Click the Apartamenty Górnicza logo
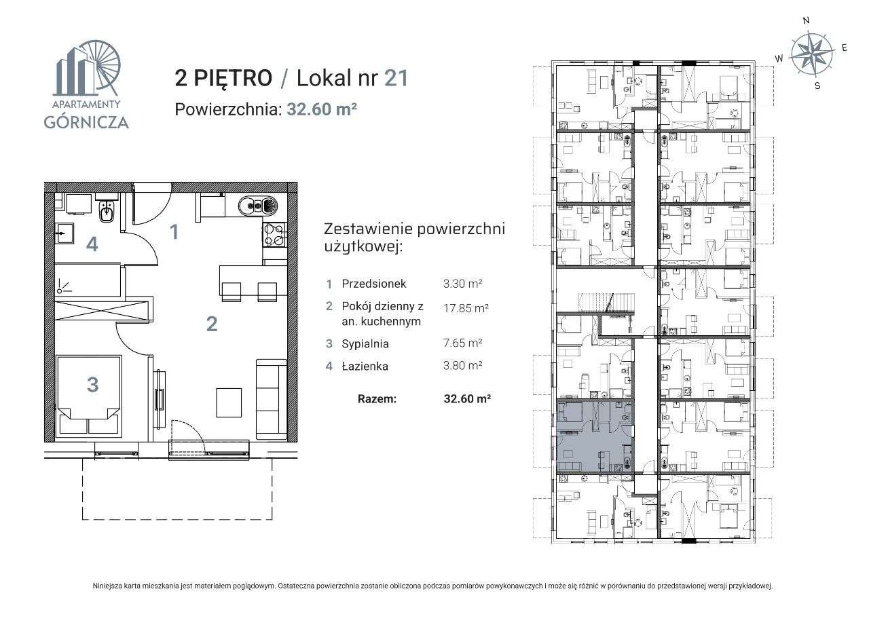[86, 85]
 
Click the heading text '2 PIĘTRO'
[223, 78]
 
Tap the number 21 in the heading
[396, 78]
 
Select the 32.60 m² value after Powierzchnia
[322, 109]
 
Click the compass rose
[813, 53]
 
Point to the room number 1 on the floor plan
[174, 232]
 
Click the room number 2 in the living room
[212, 324]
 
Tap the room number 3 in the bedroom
[92, 385]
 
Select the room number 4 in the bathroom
[92, 244]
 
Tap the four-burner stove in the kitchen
[274, 235]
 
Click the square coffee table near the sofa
[229, 402]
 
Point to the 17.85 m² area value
[465, 307]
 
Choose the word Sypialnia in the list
[365, 343]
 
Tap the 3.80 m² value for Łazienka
[462, 365]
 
